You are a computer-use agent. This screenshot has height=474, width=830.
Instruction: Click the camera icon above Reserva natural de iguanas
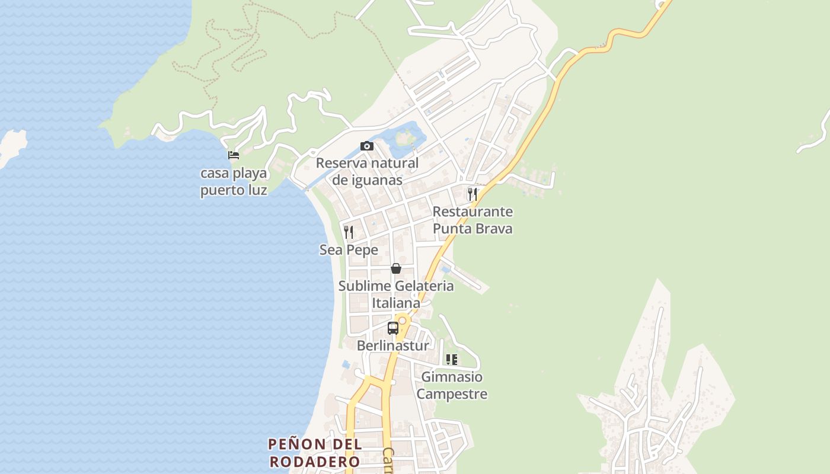tap(367, 146)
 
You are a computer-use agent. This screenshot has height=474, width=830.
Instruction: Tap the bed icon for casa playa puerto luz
tap(234, 156)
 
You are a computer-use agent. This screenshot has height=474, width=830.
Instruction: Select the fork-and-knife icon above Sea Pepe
tap(349, 232)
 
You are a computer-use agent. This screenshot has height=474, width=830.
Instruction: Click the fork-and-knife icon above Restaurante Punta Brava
tap(473, 194)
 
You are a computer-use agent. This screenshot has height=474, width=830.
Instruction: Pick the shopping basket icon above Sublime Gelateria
tap(396, 268)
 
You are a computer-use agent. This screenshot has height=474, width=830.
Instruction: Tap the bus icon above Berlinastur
tap(392, 328)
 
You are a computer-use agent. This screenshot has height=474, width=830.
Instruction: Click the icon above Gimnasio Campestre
tap(452, 360)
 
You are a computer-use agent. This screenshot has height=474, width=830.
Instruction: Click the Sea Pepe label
tap(349, 250)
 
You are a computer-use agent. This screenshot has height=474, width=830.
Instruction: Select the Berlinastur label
tap(392, 345)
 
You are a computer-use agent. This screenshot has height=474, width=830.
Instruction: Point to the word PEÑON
tap(297, 444)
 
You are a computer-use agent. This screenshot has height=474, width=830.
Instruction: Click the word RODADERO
tap(314, 462)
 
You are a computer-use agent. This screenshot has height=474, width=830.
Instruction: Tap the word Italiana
tap(396, 303)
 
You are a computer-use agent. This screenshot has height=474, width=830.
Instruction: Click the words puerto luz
tap(234, 190)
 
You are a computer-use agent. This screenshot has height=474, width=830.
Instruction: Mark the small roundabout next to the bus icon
tap(403, 321)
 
